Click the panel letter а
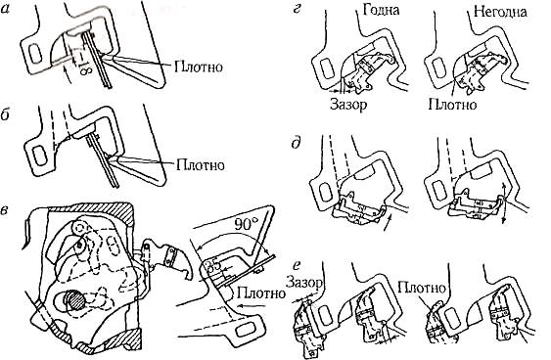pos(6,11)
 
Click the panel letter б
pos(6,115)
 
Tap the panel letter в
pos(6,214)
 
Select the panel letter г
pos(297,10)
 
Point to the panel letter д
pos(297,143)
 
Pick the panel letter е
pos(298,265)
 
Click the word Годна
pos(382,10)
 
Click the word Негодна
pos(500,12)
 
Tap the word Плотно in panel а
pos(199,67)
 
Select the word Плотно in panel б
pos(201,164)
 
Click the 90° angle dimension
pos(246,224)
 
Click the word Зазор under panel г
pos(348,104)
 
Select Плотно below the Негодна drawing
pos(452,104)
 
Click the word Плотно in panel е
pos(422,288)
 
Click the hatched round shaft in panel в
pos(74,301)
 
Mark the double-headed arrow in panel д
pos(505,203)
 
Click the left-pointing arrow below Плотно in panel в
pos(251,305)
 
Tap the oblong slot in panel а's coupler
pos(35,54)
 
